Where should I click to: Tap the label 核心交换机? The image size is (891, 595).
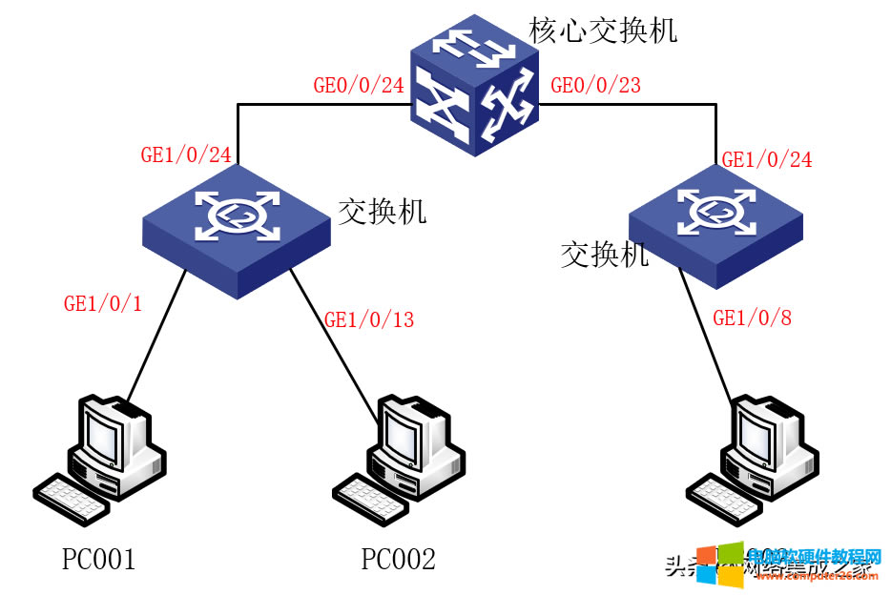click(x=603, y=30)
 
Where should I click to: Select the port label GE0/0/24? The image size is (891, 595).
click(x=359, y=86)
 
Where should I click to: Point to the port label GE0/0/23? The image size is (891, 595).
click(x=596, y=86)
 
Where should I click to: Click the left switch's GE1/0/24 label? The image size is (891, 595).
click(x=186, y=155)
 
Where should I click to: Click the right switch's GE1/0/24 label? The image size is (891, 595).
click(x=767, y=160)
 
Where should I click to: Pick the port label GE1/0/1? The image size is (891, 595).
click(x=102, y=304)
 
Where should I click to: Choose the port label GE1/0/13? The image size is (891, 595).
click(x=369, y=320)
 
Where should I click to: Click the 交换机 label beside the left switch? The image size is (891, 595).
click(x=382, y=212)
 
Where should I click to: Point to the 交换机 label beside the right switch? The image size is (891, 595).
click(x=604, y=255)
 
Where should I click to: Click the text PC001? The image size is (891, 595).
click(x=98, y=559)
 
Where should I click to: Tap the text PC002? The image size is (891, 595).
click(x=398, y=559)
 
